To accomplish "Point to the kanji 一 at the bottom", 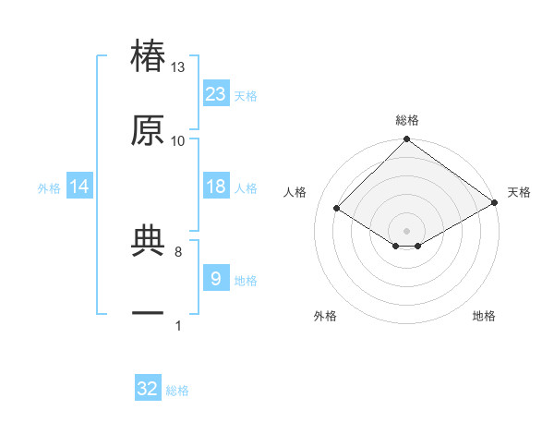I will click(148, 314).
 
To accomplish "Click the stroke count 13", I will click(178, 67).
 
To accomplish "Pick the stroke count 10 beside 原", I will click(178, 140).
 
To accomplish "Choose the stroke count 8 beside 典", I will click(178, 250).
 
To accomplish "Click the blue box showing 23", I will click(216, 93).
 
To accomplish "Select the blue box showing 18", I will click(216, 187).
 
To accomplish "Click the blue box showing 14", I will click(79, 187).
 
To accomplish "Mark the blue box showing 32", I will click(148, 389).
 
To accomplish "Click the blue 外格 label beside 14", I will click(49, 187).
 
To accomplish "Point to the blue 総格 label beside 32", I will click(177, 391).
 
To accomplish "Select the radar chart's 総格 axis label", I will click(407, 120).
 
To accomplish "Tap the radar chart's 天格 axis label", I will click(520, 192).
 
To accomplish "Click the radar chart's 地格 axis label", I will click(484, 316).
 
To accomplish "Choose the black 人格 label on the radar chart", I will click(295, 192).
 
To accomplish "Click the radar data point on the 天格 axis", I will click(495, 203).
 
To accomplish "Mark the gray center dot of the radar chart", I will click(406, 231).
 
